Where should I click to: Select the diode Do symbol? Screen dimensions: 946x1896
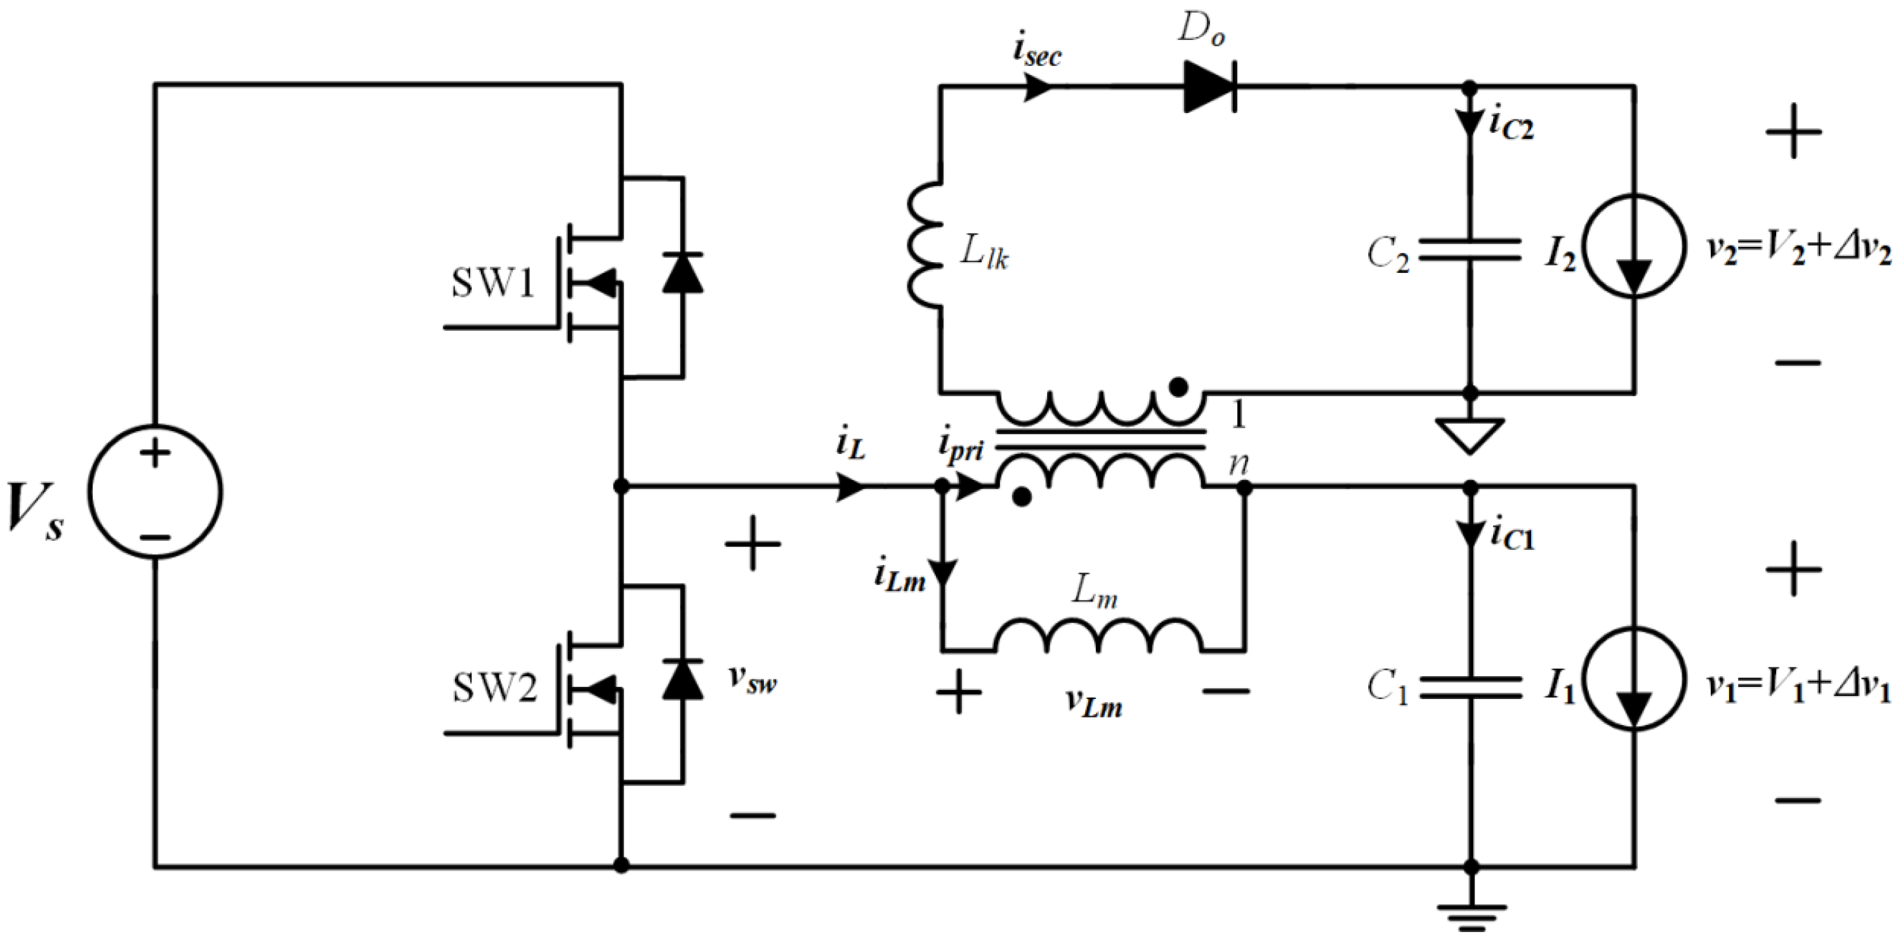[x=1209, y=87]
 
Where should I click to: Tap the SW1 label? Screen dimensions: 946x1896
[x=492, y=283]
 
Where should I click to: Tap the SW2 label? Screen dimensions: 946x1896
[x=494, y=688]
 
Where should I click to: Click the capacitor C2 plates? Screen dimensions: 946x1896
[x=1469, y=250]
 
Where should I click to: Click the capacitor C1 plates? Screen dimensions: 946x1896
[x=1469, y=687]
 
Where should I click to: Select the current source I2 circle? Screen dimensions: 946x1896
[x=1634, y=246]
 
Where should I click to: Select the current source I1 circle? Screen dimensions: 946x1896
[x=1634, y=678]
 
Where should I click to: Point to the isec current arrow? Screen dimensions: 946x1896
[x=1038, y=87]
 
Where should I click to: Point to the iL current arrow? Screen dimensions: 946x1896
[x=851, y=486]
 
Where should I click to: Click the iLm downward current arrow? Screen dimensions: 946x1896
[x=942, y=571]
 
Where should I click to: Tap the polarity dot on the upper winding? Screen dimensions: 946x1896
[x=1178, y=386]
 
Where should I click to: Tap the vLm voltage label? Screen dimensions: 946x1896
[x=1095, y=705]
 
